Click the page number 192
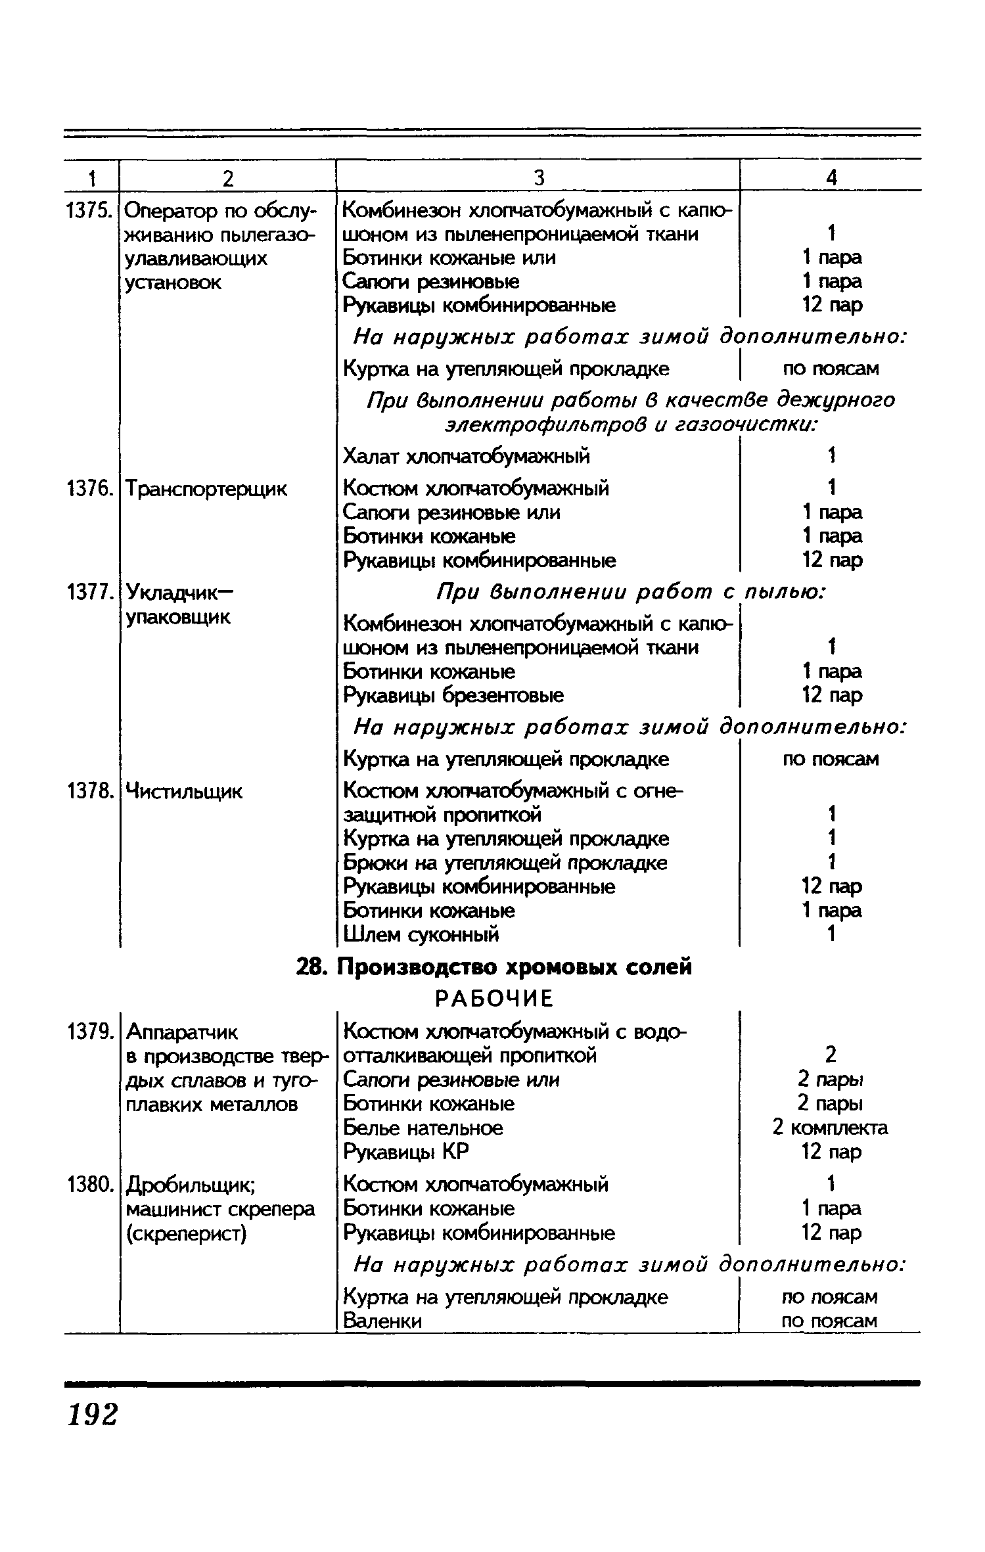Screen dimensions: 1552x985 tap(93, 1414)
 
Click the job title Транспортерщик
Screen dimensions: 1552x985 tap(206, 489)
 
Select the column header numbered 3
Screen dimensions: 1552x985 tap(538, 177)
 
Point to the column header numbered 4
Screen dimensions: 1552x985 tap(831, 177)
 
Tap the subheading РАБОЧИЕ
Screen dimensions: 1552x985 tap(494, 999)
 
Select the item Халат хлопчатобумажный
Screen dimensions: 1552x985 tap(467, 455)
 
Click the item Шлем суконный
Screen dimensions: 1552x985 tap(421, 934)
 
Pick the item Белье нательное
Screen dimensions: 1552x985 tap(423, 1128)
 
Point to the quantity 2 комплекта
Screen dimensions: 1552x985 tap(831, 1128)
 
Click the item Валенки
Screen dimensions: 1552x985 tap(382, 1321)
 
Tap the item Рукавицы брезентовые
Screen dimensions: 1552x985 tap(453, 695)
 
